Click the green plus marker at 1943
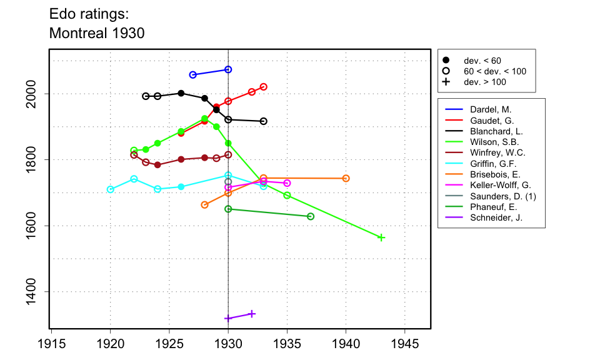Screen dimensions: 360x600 tap(381, 237)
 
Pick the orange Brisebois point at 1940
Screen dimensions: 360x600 tap(346, 178)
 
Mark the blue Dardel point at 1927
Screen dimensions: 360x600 tap(192, 74)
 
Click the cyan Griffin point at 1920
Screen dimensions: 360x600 tap(111, 189)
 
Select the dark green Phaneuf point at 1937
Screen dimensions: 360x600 tap(311, 216)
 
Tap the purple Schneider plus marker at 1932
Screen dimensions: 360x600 tap(252, 314)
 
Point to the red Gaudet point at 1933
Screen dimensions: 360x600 tap(263, 87)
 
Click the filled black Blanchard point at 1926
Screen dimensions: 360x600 tap(181, 93)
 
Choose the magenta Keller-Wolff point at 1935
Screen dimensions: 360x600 tap(287, 183)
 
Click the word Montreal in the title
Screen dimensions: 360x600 tap(78, 33)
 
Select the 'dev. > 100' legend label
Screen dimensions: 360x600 tap(485, 82)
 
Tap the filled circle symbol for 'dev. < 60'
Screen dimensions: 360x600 tap(446, 61)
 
